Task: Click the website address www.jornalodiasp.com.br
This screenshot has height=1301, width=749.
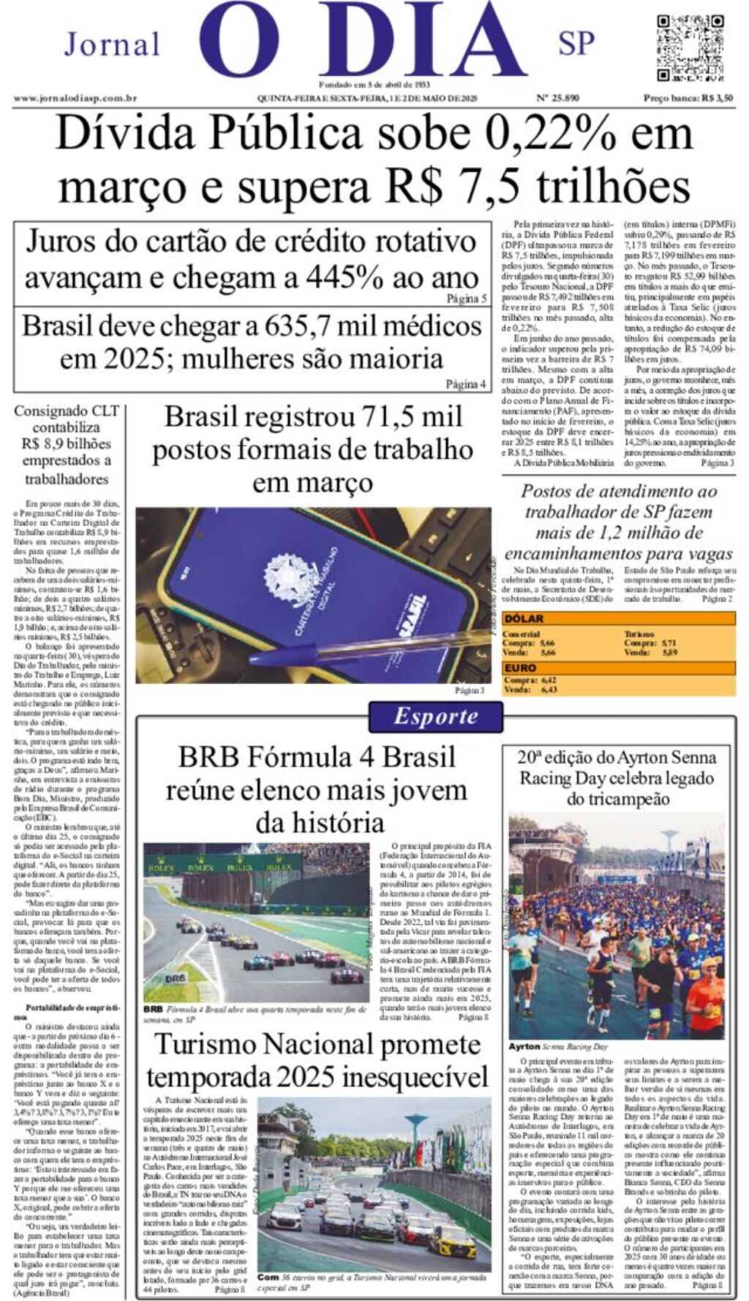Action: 75,98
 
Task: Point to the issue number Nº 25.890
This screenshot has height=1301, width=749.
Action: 558,98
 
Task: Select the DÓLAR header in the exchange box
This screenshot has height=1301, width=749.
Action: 524,618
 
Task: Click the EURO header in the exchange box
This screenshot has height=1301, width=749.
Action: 520,667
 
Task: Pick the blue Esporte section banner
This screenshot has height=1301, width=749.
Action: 435,716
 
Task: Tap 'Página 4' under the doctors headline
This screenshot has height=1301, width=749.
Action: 466,384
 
